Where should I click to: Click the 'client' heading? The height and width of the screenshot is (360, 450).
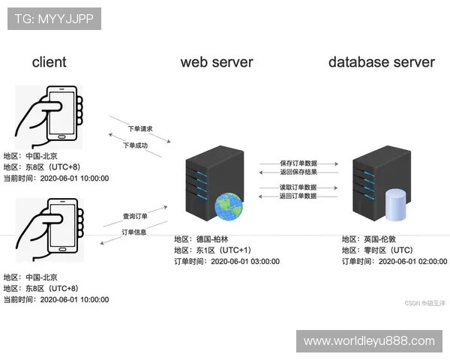pyautogui.click(x=49, y=61)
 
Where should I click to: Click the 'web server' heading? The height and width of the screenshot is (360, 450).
pyautogui.click(x=217, y=61)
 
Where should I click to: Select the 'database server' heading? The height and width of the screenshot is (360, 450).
pyautogui.click(x=381, y=61)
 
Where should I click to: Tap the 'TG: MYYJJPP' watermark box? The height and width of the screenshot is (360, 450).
pyautogui.click(x=54, y=19)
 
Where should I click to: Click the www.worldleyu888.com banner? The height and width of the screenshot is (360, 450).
pyautogui.click(x=369, y=341)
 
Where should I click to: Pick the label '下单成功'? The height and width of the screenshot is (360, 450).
pyautogui.click(x=136, y=145)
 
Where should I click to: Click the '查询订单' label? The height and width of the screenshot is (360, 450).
pyautogui.click(x=136, y=216)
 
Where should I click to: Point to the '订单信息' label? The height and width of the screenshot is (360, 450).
pyautogui.click(x=134, y=232)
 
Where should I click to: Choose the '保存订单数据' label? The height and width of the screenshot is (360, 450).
pyautogui.click(x=298, y=163)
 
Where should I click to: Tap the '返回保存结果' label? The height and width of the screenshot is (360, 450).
pyautogui.click(x=298, y=172)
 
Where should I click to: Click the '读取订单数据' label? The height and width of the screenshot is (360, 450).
pyautogui.click(x=298, y=187)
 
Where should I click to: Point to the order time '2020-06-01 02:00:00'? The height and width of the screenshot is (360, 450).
pyautogui.click(x=412, y=262)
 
